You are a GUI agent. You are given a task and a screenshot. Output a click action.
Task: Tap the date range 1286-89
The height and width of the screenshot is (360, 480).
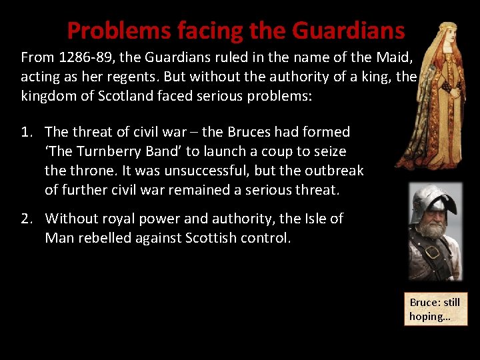(x=81, y=57)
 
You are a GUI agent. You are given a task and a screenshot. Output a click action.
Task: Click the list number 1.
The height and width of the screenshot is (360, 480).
(x=27, y=132)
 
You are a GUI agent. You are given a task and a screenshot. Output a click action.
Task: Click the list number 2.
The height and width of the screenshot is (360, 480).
(x=27, y=219)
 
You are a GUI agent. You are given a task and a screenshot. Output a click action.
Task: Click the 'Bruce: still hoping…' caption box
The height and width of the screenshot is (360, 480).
(x=435, y=309)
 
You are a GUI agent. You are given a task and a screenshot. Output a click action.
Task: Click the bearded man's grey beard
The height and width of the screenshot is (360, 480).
(x=434, y=231)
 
